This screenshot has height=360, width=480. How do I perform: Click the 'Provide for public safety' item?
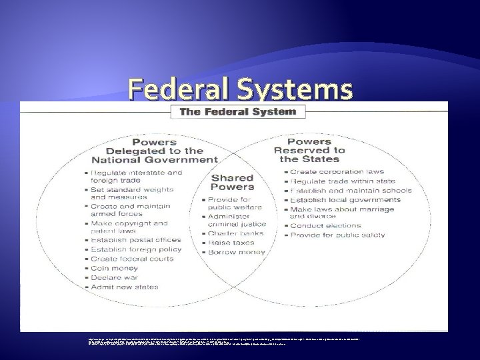pos(342,235)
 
